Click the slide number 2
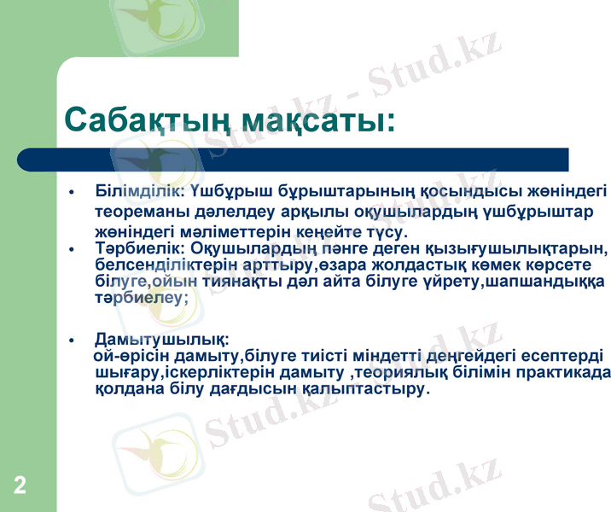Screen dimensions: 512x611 20,486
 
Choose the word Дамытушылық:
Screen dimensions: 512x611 162,339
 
